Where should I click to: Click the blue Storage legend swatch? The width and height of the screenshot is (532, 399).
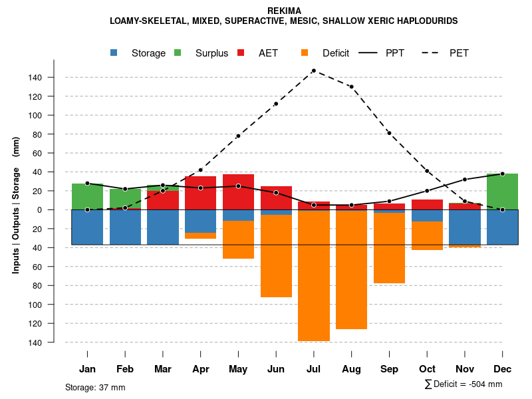(x=114, y=53)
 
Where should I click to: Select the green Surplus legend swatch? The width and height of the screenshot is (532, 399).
(x=178, y=53)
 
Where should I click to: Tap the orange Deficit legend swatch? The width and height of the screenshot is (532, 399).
(x=305, y=53)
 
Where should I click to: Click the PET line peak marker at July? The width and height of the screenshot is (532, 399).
(x=313, y=70)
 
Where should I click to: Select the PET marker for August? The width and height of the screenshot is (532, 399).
(x=351, y=86)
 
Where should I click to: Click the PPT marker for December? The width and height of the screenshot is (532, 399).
(x=502, y=174)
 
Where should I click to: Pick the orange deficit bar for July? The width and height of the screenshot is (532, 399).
(x=314, y=276)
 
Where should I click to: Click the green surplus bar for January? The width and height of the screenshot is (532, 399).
(x=87, y=196)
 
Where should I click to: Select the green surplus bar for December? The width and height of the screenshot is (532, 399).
(x=502, y=192)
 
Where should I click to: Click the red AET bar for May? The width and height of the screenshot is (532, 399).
(x=238, y=197)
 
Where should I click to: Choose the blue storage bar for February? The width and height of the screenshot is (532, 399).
(x=125, y=227)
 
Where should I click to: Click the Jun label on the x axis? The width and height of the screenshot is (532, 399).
(x=276, y=369)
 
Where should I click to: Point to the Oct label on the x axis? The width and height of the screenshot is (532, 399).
(x=427, y=369)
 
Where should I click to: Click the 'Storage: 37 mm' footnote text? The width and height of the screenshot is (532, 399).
(x=95, y=387)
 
